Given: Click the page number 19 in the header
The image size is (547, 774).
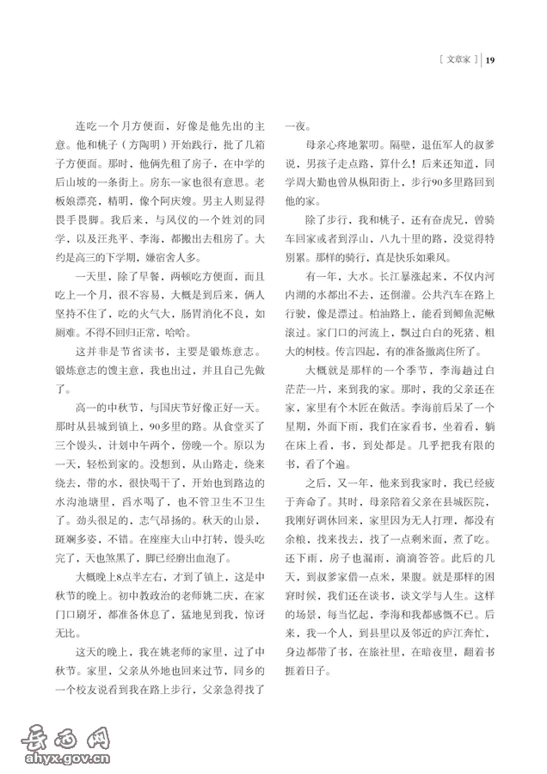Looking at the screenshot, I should pos(491,59).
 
